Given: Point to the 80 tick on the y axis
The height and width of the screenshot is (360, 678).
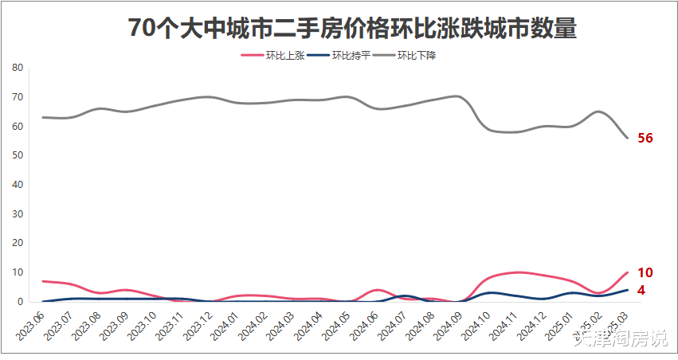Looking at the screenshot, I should [18, 68].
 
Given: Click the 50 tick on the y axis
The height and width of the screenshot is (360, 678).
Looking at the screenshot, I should [18, 155].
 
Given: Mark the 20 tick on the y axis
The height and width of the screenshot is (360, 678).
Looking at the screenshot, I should [18, 244].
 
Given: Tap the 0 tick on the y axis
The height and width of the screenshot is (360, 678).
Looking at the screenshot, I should [21, 302].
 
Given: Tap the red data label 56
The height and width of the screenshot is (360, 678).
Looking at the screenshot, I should [645, 138].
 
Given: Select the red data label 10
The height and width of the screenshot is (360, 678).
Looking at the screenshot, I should [645, 272].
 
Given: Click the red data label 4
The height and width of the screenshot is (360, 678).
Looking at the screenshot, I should [641, 291].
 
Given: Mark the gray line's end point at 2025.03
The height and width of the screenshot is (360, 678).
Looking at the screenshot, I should [628, 138].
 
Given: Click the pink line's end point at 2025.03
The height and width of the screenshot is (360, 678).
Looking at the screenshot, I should [628, 272].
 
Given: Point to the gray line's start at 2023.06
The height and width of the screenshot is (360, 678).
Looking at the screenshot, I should [42, 117].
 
